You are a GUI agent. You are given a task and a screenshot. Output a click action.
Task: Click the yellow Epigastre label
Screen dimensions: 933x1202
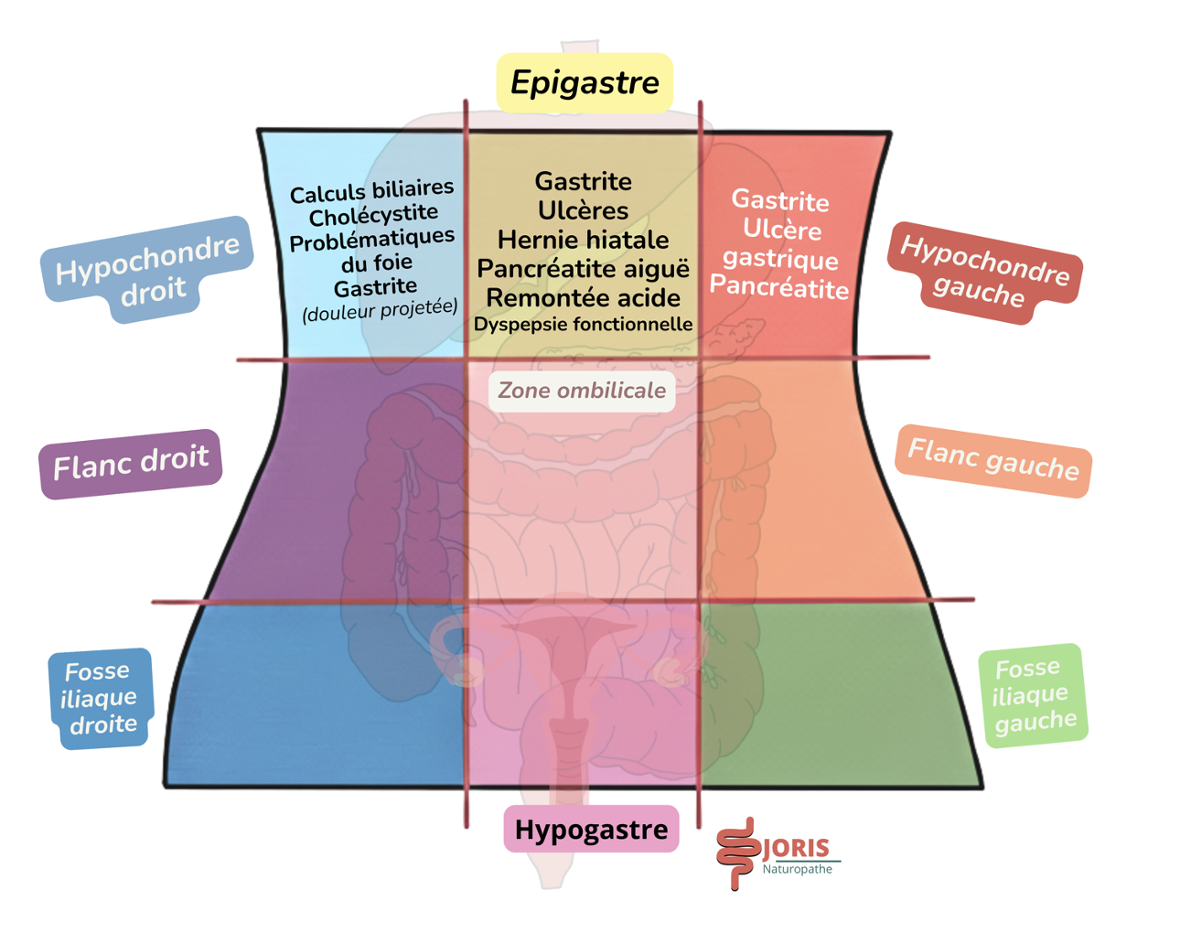585,82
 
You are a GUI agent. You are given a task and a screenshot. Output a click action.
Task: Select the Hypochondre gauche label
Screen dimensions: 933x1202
984,272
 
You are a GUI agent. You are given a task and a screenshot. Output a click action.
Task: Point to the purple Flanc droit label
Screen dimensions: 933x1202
131,463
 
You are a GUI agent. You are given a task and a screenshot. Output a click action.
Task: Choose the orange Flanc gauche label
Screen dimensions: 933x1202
993,460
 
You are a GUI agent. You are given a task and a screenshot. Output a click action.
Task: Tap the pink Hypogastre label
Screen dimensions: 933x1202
591,830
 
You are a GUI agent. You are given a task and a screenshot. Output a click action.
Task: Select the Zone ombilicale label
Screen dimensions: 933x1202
582,391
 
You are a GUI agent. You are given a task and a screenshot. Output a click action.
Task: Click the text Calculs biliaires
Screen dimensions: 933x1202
371,191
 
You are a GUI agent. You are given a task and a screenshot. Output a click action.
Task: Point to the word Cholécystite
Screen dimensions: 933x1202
373,216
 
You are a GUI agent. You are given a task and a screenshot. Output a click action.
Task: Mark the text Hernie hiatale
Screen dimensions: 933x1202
583,240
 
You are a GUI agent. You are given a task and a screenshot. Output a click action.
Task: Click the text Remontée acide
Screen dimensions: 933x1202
583,298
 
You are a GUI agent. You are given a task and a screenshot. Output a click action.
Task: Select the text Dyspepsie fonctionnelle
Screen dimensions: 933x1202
583,324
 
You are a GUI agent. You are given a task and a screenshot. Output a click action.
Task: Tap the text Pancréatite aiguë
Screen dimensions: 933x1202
583,269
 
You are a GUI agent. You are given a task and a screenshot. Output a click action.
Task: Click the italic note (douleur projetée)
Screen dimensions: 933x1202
380,309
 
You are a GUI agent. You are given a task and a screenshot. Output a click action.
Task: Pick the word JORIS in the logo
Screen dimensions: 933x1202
796,848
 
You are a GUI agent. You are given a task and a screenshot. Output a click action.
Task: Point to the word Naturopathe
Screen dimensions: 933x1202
797,869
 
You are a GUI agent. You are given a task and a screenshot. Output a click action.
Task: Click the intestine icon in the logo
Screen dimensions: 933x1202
737,853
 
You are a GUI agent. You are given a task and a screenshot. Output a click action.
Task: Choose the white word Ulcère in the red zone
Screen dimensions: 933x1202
782,229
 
